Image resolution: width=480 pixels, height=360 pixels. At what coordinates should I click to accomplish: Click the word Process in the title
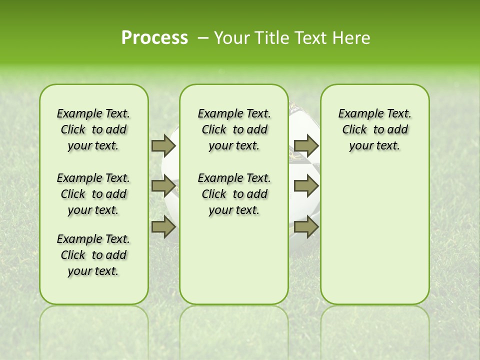point(154,38)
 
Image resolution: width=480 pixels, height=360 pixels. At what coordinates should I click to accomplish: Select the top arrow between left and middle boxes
point(163,145)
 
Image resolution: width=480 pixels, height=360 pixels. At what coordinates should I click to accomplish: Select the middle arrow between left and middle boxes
point(163,186)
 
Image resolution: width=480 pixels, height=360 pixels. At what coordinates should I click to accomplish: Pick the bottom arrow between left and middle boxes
point(163,227)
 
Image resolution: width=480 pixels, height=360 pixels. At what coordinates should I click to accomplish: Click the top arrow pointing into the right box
point(306,145)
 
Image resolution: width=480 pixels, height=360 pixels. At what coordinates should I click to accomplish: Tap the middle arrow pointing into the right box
point(306,186)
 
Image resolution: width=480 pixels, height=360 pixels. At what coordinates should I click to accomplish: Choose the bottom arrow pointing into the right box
point(306,227)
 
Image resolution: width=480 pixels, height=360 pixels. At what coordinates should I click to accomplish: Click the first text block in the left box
point(93,129)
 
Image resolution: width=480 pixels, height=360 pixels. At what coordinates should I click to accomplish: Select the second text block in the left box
point(93,194)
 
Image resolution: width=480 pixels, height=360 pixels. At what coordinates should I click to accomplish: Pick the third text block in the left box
point(93,255)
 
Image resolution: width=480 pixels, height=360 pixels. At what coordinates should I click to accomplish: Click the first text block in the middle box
point(234,129)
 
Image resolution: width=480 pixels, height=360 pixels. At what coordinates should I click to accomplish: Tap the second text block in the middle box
point(234,194)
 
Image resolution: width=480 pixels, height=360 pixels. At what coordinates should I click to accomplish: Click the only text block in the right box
point(374,129)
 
